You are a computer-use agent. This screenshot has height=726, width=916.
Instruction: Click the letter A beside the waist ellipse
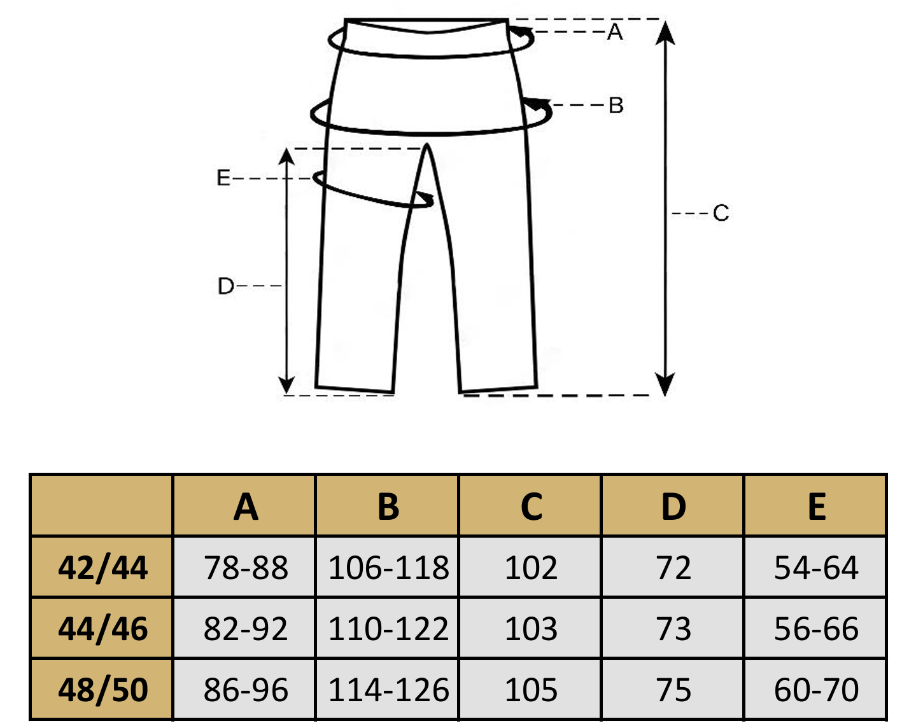tap(614, 32)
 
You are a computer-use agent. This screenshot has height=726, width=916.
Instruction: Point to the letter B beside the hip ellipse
tap(616, 105)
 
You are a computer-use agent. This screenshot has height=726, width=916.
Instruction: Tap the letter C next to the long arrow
tap(721, 213)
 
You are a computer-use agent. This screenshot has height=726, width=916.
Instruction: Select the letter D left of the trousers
tap(226, 286)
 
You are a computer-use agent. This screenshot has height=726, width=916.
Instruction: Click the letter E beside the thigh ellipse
tap(223, 178)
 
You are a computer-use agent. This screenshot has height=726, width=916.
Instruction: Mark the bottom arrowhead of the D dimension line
tap(287, 385)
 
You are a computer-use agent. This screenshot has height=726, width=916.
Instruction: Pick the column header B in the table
tap(388, 507)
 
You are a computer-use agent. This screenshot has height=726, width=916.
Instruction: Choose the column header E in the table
tap(816, 507)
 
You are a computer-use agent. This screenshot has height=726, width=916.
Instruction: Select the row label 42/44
tap(102, 568)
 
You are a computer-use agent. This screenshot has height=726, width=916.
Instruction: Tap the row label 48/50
tap(102, 690)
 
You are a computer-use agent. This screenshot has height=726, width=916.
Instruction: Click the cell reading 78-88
tap(246, 568)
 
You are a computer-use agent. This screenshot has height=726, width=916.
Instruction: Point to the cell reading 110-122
tap(388, 629)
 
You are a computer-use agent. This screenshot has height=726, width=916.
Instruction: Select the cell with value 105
tap(531, 690)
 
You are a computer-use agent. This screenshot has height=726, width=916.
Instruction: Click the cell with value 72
tap(673, 568)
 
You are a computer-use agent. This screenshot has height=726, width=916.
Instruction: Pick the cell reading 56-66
tap(816, 629)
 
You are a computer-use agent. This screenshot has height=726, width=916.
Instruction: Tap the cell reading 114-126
tap(388, 690)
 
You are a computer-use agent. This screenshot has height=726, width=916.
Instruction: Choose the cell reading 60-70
tap(816, 690)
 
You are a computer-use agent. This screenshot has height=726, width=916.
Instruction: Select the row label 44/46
tap(102, 629)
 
